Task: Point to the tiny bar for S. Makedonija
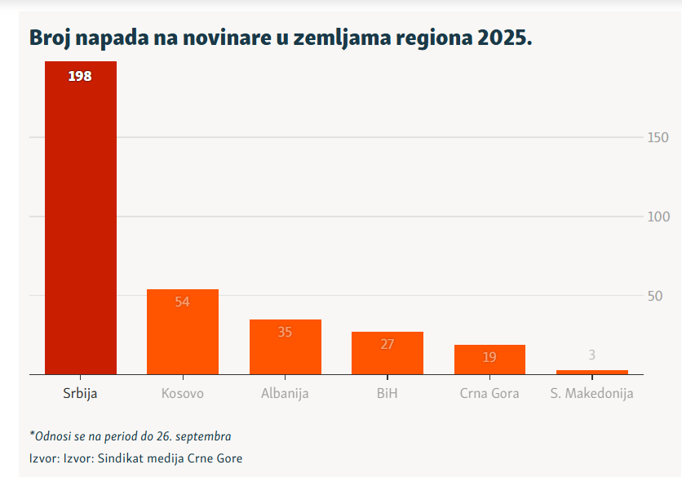pyautogui.click(x=591, y=372)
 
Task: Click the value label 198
pyautogui.click(x=80, y=76)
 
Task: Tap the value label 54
pyautogui.click(x=182, y=302)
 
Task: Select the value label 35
pyautogui.click(x=285, y=332)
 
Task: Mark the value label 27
pyautogui.click(x=387, y=344)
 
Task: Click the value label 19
pyautogui.click(x=489, y=357)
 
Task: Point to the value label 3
pyautogui.click(x=591, y=355)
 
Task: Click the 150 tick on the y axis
pyautogui.click(x=658, y=137)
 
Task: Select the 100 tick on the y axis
pyautogui.click(x=658, y=217)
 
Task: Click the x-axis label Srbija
pyautogui.click(x=80, y=393)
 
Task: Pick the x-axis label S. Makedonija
pyautogui.click(x=591, y=393)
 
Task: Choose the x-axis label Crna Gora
pyautogui.click(x=489, y=393)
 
